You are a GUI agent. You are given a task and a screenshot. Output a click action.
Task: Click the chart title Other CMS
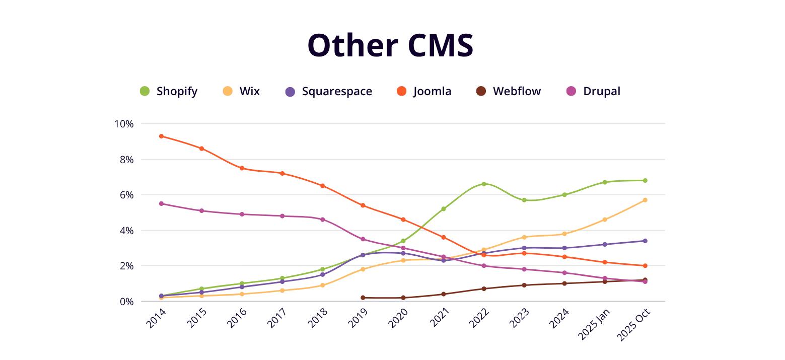pos(390,45)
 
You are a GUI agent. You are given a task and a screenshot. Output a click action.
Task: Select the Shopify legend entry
pos(169,91)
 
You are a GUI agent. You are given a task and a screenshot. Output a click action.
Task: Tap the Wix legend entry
pos(242,91)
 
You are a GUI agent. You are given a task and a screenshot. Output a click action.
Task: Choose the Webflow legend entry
pos(509,91)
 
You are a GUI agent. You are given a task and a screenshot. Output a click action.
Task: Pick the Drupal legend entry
pos(594,91)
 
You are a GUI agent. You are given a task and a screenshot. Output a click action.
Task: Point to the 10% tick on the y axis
pos(124,124)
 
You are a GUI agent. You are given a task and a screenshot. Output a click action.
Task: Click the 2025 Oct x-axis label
pos(635,325)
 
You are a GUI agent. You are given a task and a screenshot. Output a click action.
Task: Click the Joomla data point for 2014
pos(161,136)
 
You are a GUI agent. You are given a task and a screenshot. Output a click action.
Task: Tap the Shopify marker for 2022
pos(484,184)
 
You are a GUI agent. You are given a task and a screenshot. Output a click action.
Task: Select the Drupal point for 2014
pos(161,203)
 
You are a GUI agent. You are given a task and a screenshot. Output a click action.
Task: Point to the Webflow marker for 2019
pos(363,298)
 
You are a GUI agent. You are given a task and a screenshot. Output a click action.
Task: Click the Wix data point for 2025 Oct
pos(645,200)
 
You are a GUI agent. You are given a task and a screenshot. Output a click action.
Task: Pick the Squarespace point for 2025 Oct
pos(645,241)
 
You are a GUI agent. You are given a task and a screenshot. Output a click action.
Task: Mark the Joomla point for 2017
pos(282,173)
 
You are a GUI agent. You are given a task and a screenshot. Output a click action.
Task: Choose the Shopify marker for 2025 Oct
pos(645,180)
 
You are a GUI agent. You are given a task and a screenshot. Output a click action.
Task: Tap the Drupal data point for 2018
pos(322,220)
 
